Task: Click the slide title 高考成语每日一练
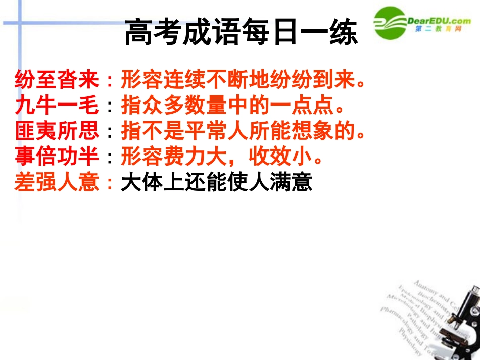(241, 33)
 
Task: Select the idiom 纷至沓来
(57, 79)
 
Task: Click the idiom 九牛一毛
(57, 105)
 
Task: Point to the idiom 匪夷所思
(57, 131)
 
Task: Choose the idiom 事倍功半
(57, 157)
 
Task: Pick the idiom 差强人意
(57, 183)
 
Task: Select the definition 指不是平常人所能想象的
(243, 131)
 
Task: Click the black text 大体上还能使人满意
(216, 183)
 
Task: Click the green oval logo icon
(391, 23)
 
